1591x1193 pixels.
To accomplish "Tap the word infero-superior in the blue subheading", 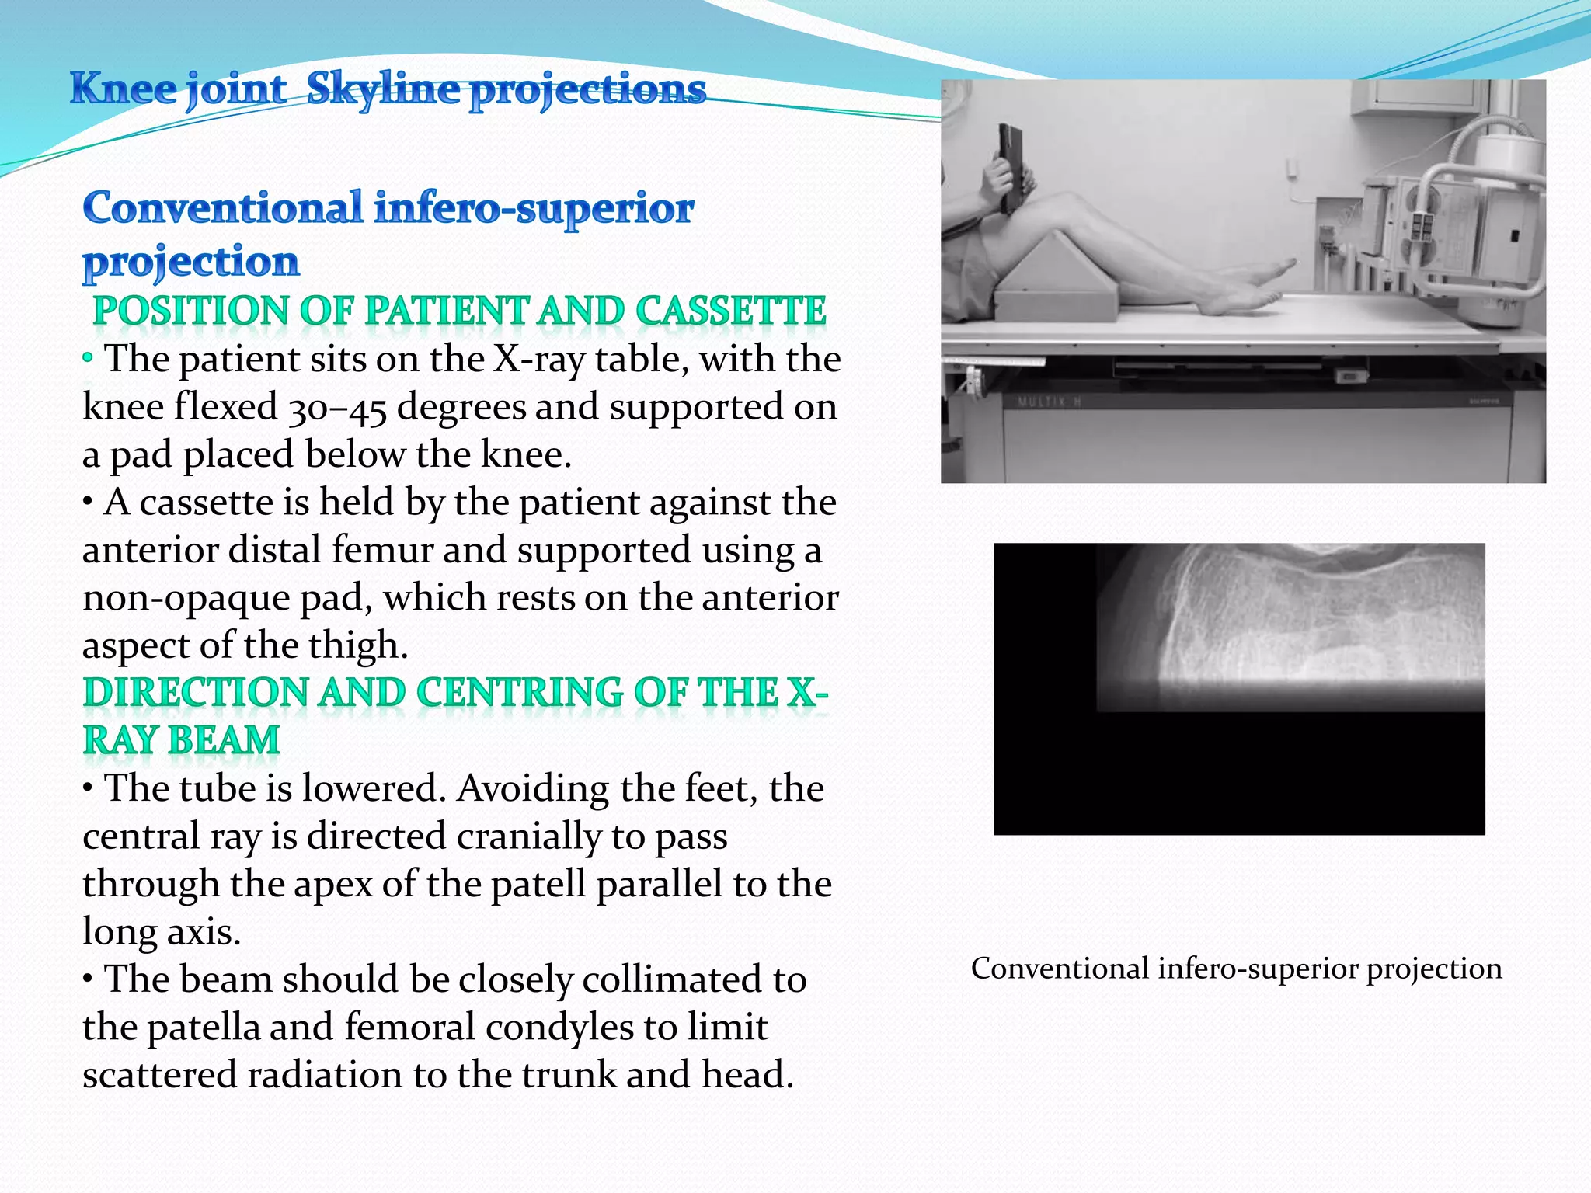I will coord(534,208).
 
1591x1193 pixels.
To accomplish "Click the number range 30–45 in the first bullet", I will coord(338,408).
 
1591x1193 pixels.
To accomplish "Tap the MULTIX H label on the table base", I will coord(1050,402).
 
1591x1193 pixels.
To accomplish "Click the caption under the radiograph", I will coord(1236,969).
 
